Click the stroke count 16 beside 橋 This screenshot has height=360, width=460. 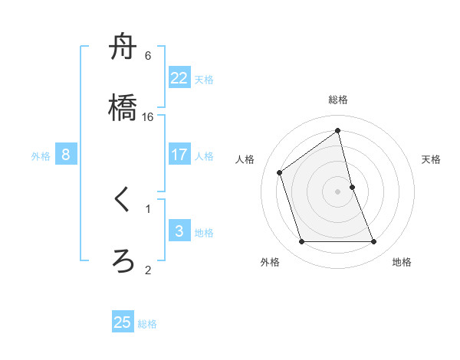point(148,117)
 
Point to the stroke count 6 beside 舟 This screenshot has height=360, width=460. point(148,56)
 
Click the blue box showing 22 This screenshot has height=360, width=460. point(179,77)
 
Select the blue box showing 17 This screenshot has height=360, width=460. point(179,155)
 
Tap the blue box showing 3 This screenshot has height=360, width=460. point(179,231)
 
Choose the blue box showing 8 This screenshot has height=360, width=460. point(66,155)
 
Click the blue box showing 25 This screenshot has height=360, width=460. point(123,322)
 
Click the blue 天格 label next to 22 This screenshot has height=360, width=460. point(204,80)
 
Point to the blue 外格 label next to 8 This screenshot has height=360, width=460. point(41,156)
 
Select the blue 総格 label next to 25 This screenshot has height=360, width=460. point(147,324)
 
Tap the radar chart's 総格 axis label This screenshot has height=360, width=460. point(338,100)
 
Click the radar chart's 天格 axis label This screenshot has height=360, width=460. point(432,159)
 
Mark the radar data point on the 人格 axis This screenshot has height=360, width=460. point(280,172)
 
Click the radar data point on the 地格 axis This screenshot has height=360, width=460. point(374,242)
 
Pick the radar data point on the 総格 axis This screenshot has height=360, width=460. point(338,130)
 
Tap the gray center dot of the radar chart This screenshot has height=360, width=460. point(338,191)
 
